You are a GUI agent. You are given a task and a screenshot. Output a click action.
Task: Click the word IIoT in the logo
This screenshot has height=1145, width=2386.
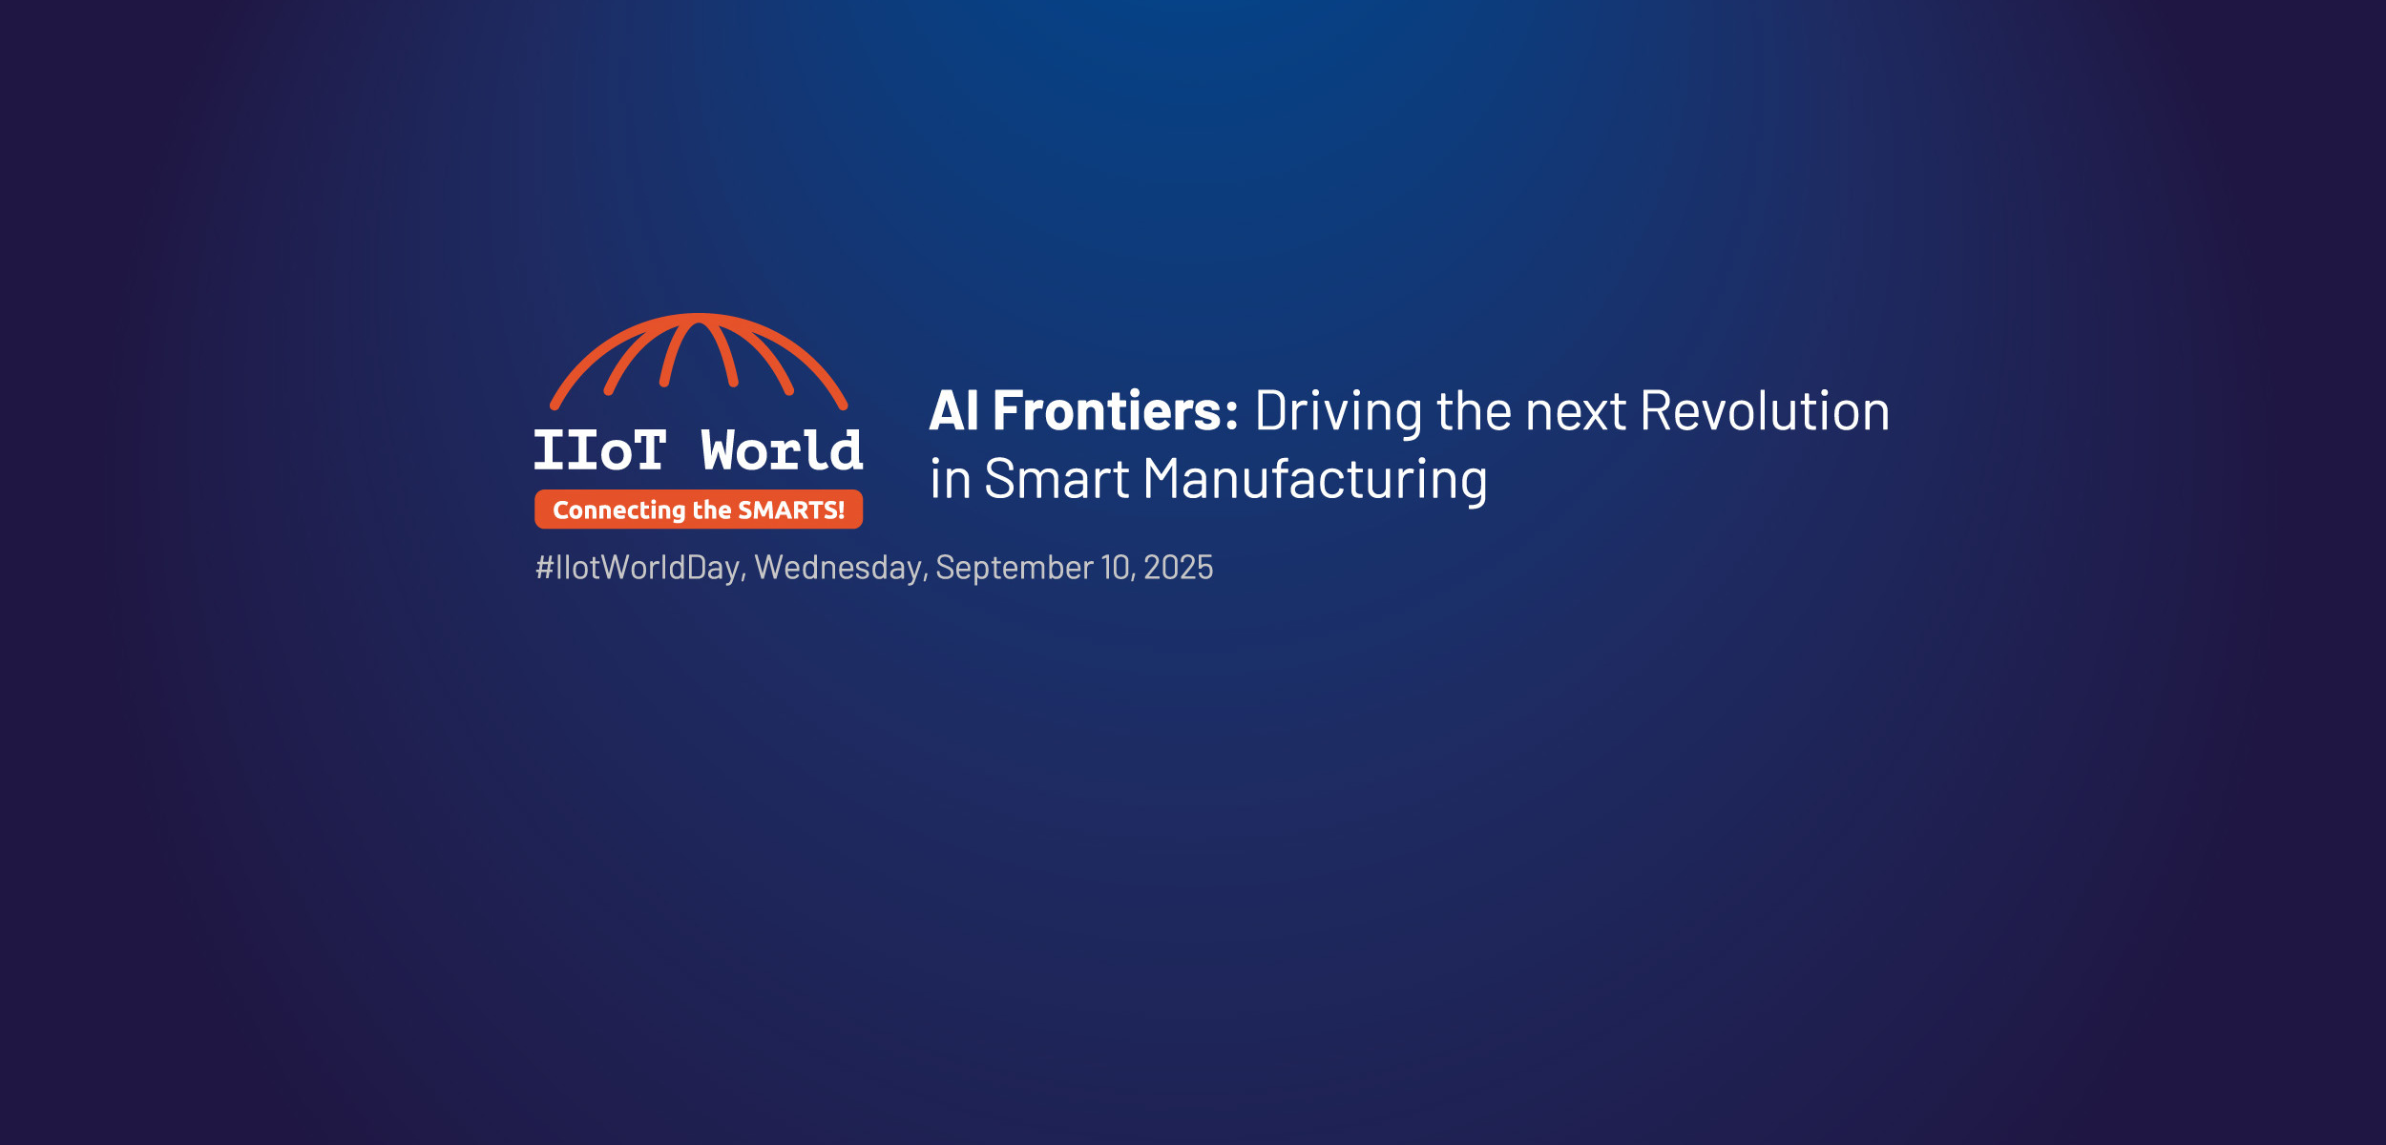point(599,450)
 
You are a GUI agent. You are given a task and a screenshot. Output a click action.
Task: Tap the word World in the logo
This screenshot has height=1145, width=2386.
point(782,450)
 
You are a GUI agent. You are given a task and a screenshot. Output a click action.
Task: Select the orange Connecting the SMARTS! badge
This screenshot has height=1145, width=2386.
point(699,510)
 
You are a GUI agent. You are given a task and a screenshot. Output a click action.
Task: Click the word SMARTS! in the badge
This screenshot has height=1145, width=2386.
point(791,510)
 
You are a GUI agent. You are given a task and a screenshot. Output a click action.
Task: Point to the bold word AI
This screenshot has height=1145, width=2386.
point(953,411)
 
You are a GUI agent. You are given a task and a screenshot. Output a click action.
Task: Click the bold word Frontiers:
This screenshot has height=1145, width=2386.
point(1116,410)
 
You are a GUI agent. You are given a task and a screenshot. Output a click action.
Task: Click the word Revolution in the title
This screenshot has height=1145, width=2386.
point(1765,410)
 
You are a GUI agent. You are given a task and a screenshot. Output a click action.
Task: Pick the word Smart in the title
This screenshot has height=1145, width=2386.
point(1057,479)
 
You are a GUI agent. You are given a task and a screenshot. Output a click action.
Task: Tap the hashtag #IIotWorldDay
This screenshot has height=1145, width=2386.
point(638,568)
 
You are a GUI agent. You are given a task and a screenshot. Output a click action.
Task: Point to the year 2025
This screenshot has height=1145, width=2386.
point(1179,568)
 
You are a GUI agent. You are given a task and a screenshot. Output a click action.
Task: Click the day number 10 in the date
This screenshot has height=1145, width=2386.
point(1116,568)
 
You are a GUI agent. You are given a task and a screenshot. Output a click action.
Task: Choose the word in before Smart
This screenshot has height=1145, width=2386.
point(951,479)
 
